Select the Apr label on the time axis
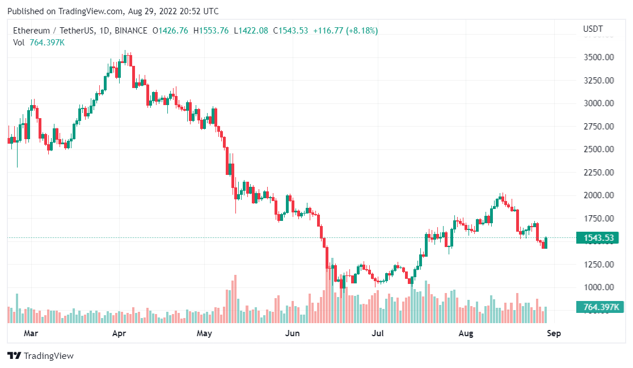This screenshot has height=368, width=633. point(119,333)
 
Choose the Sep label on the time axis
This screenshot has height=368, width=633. point(554,333)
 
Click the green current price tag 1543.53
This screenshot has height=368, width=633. point(597,238)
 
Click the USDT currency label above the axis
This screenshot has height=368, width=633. point(593,29)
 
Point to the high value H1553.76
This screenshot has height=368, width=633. point(211,30)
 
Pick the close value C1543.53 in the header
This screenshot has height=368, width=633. point(290,30)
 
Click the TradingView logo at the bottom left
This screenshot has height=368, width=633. point(40,356)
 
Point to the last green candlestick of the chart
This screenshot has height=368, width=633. point(546,242)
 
